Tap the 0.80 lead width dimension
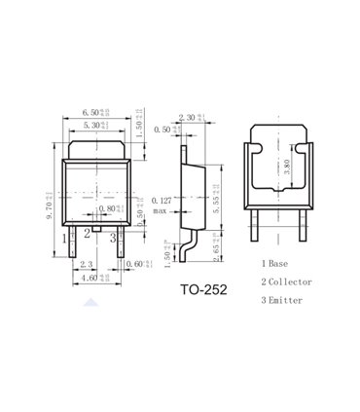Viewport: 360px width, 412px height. (x=107, y=208)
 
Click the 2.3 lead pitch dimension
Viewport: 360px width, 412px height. (x=86, y=265)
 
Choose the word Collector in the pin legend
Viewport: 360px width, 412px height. (x=290, y=281)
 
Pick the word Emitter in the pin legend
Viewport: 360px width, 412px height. (x=287, y=300)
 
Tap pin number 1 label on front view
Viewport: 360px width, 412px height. (x=65, y=236)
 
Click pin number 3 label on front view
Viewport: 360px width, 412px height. (x=112, y=236)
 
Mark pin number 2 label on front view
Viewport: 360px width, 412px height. (x=87, y=232)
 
